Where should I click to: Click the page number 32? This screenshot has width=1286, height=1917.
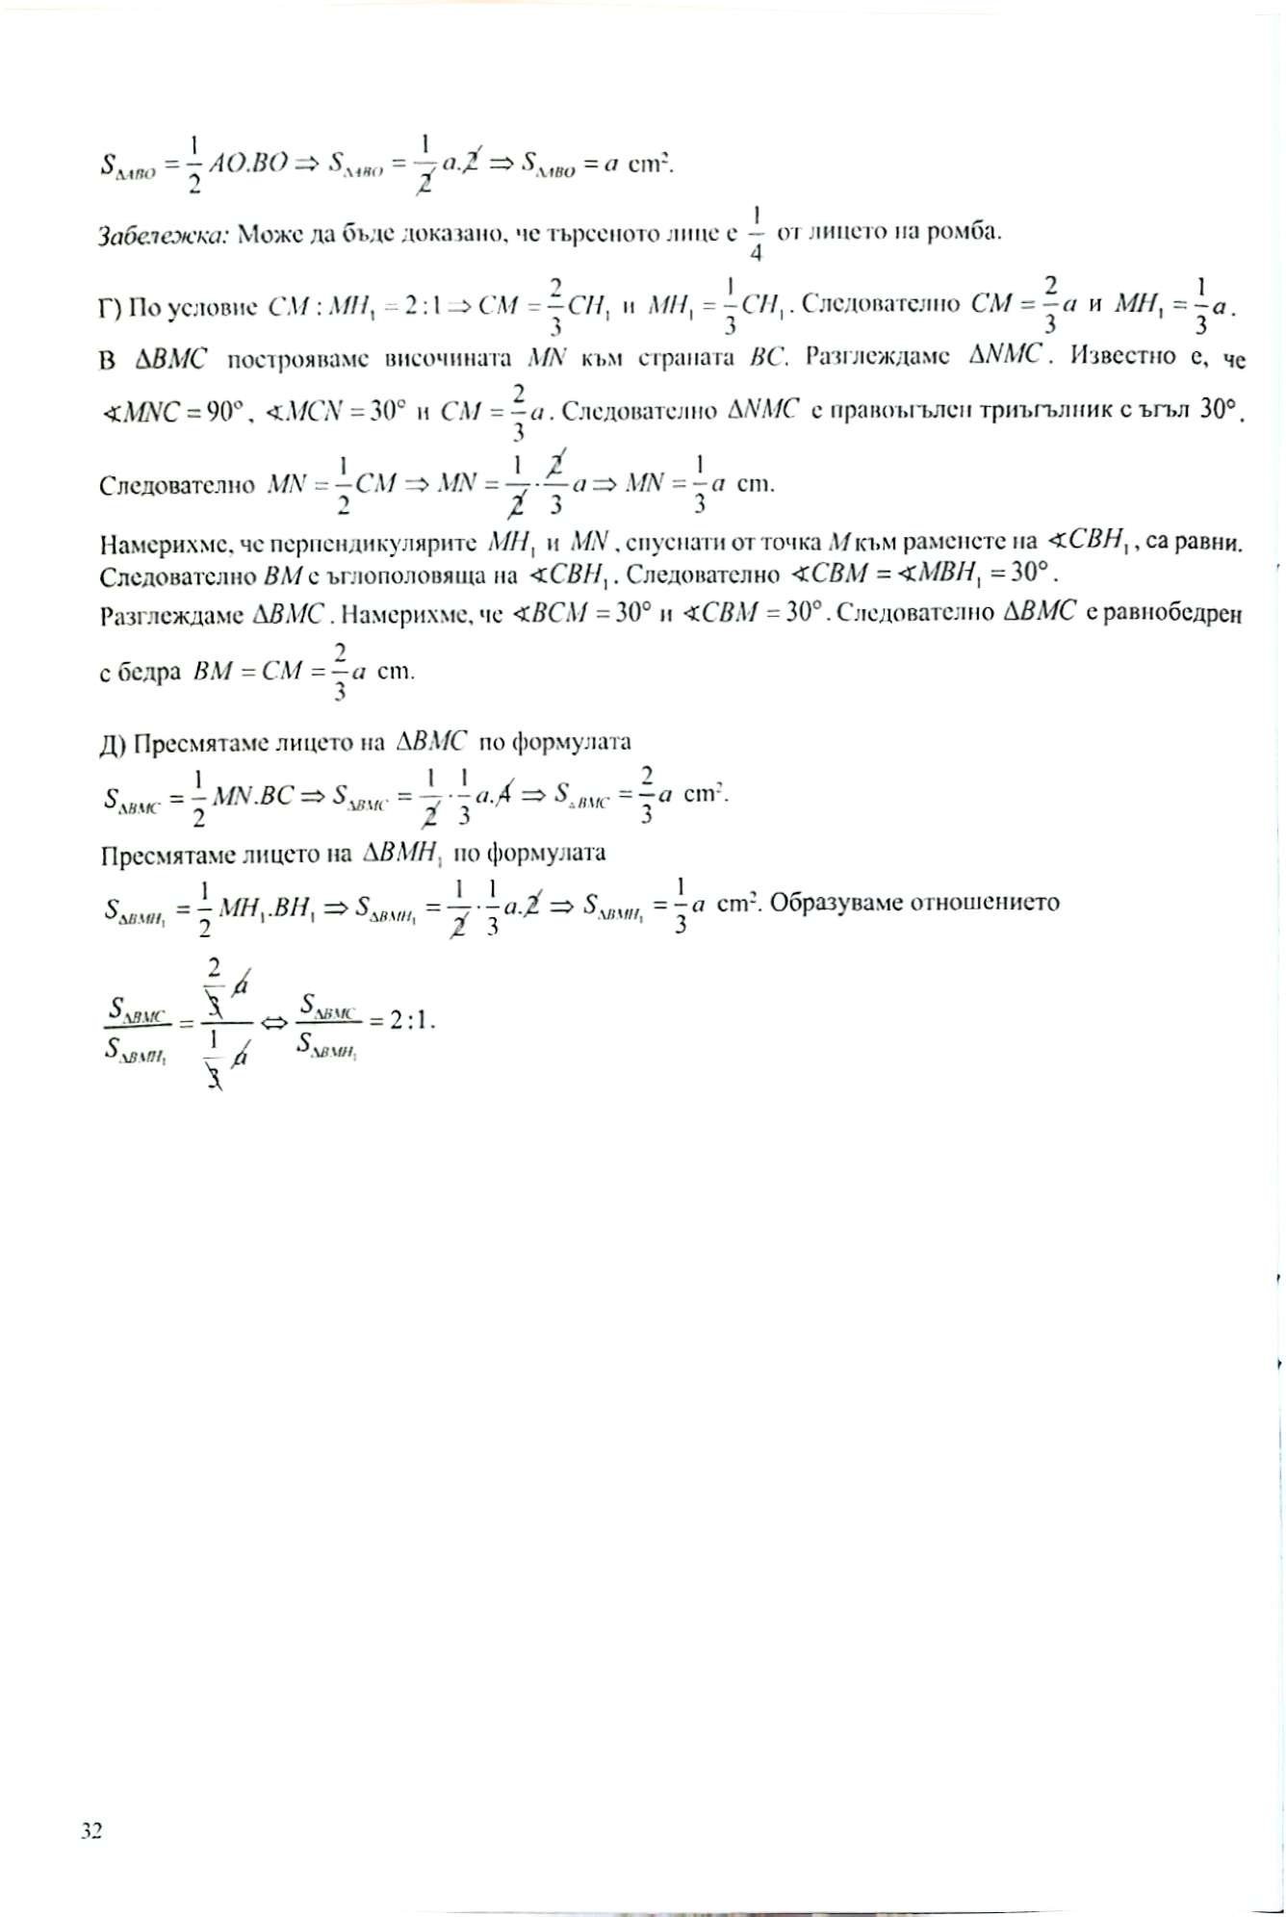(91, 1830)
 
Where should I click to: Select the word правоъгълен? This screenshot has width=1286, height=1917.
(883, 412)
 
